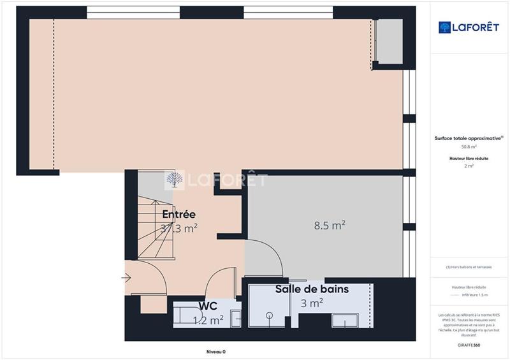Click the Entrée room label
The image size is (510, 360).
[x=178, y=214]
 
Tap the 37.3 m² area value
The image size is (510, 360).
[x=178, y=229]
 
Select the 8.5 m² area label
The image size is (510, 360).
[x=330, y=225]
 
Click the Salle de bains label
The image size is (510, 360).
[x=312, y=289]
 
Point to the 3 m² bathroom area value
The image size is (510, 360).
[x=312, y=303]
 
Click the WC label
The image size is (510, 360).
[x=208, y=306]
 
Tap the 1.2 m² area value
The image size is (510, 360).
[x=208, y=320]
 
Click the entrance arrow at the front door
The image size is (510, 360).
[x=126, y=277]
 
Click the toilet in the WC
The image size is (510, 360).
[x=189, y=315]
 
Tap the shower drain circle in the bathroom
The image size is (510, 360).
[x=270, y=315]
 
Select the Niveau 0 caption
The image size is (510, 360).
[x=215, y=352]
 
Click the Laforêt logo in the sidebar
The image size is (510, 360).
[x=469, y=27]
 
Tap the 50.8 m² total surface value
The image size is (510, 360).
[x=469, y=147]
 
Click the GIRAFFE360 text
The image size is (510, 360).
[x=469, y=345]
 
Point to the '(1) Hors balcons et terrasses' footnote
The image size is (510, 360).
[x=469, y=267]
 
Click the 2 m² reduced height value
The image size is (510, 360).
[x=469, y=166]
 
